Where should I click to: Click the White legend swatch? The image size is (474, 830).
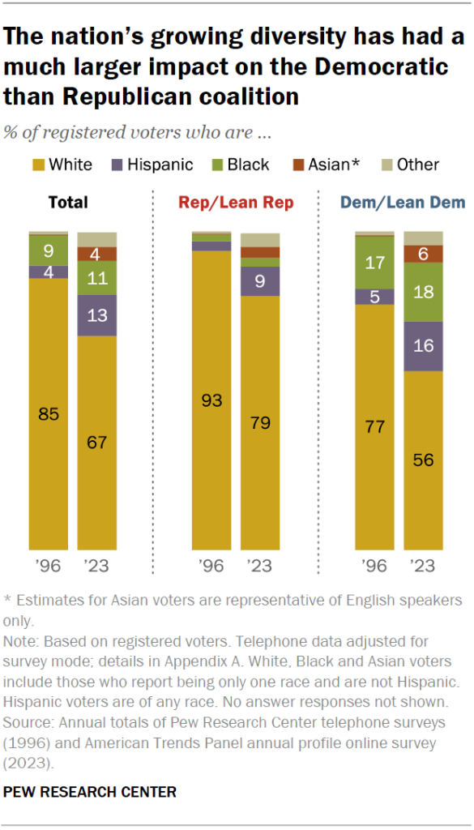[x=37, y=165]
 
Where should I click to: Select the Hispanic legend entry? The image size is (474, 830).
[x=153, y=165]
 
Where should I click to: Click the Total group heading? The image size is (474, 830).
[x=68, y=203]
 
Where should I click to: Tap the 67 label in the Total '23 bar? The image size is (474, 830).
[x=96, y=443]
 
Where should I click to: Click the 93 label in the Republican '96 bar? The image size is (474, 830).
[x=211, y=400]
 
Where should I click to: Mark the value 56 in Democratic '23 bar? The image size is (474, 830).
[x=423, y=460]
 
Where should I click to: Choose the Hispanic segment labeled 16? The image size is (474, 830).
[x=423, y=346]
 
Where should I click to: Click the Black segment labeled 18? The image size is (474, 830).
[x=423, y=293]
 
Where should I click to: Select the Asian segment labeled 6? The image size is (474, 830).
[x=423, y=254]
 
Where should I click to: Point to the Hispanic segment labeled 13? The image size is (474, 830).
[x=96, y=315]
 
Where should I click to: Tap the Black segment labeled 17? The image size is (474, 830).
[x=375, y=263]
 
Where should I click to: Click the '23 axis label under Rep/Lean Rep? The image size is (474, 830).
[x=259, y=566]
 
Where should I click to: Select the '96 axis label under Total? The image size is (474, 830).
[x=49, y=566]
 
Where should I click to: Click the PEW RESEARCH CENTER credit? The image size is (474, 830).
[x=90, y=791]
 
